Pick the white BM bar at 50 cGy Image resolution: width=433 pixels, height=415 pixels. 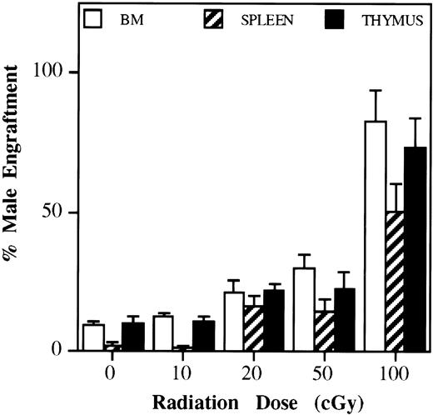(305, 309)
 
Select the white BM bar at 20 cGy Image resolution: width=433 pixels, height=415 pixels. (234, 322)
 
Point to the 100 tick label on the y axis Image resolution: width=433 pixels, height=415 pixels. (59, 72)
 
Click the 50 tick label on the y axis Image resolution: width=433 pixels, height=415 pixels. (63, 212)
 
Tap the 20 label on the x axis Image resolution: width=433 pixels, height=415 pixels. (253, 367)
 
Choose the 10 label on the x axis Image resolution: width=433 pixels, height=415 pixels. (182, 367)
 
